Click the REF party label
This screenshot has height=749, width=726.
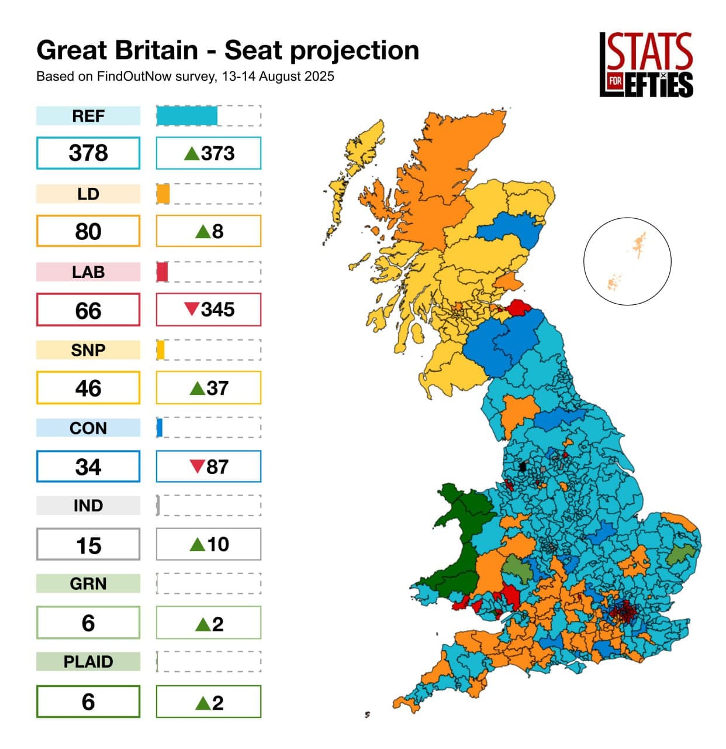coord(88,116)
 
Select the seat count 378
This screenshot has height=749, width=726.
coord(88,153)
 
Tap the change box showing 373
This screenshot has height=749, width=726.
coord(209,153)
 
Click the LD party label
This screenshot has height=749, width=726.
coord(88,194)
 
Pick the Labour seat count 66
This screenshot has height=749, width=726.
coord(88,310)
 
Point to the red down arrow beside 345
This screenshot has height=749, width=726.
coord(191,309)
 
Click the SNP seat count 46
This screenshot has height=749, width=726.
coord(88,388)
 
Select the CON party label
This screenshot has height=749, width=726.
coord(88,428)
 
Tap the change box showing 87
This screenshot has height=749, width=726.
coord(209,466)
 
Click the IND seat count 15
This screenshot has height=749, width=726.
coord(88,545)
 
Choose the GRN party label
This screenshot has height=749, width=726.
coord(88,583)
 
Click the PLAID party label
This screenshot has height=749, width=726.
coord(88,661)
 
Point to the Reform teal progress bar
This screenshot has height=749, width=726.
coord(187,116)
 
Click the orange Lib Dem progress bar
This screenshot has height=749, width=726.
coord(163,194)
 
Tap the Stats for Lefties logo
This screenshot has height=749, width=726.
coord(646,64)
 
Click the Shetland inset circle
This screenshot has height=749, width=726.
coord(627,261)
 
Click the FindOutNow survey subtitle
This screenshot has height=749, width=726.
coord(185,76)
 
